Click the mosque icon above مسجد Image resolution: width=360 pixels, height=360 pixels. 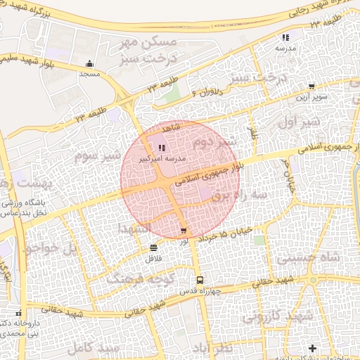tap(89, 64)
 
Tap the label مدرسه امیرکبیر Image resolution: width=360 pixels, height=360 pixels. tap(163, 159)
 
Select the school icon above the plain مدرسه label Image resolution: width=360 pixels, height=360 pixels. tap(285, 37)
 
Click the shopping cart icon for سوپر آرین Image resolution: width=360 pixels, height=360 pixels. tap(311, 86)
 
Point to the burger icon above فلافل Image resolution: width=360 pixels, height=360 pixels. tap(153, 247)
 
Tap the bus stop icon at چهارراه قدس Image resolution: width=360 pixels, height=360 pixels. tap(198, 280)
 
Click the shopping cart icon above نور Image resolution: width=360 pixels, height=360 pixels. tap(184, 231)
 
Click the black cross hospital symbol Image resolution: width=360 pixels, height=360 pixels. tap(312, 348)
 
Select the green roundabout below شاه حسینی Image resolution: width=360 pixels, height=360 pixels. tap(313, 281)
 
